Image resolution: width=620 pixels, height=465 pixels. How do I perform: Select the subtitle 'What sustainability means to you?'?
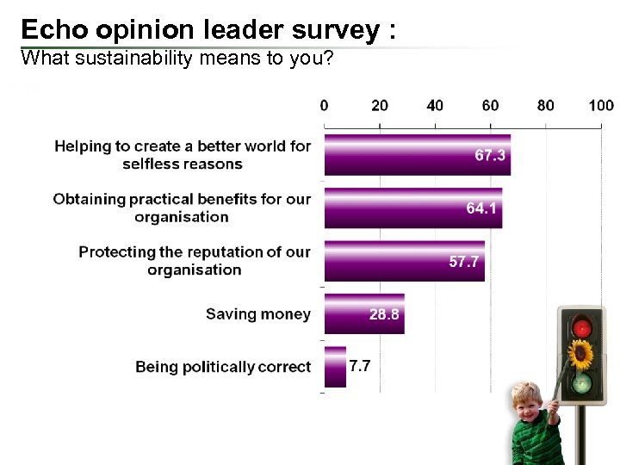pos(177,59)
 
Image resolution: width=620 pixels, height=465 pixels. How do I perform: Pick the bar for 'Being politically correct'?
pos(335,367)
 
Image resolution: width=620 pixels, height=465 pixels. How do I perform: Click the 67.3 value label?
pos(490,156)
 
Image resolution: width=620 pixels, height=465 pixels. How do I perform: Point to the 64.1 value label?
pos(481,209)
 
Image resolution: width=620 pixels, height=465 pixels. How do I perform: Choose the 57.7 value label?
pos(464,262)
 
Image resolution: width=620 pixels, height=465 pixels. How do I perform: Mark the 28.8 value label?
pos(384,314)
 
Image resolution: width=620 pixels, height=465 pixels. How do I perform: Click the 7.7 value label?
pos(360,365)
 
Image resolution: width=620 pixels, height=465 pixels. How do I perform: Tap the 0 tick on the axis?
pos(324,106)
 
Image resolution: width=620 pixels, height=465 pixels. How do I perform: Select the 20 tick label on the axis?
pos(379,106)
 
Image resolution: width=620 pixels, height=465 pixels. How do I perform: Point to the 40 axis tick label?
pos(435,106)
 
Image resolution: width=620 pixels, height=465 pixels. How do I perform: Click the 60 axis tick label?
pos(490,106)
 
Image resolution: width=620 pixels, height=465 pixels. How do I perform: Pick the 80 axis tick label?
pos(546,106)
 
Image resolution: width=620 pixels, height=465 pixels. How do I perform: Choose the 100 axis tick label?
pos(601,106)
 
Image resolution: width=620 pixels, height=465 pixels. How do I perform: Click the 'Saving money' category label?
pos(257,314)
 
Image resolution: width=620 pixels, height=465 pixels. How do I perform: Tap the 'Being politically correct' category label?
pos(222,368)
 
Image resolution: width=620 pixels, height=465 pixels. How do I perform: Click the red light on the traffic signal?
pos(583,327)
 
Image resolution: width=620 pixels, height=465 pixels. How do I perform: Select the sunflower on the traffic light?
pos(582,353)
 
